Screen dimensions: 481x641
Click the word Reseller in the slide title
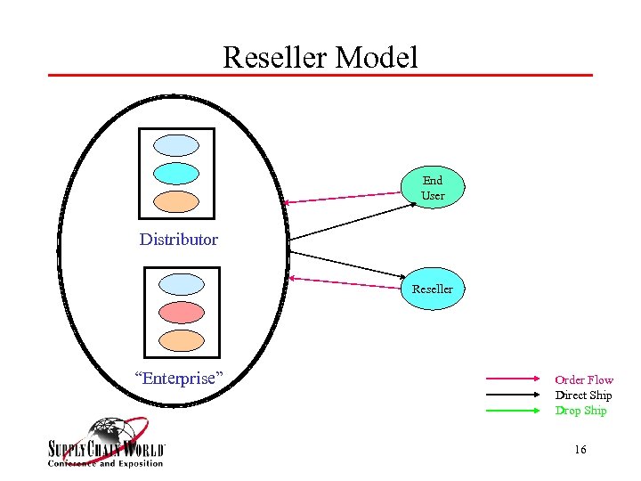pyautogui.click(x=275, y=58)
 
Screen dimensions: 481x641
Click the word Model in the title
pyautogui.click(x=375, y=58)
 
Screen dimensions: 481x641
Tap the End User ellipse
pyautogui.click(x=433, y=188)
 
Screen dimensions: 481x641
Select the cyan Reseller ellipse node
pyautogui.click(x=432, y=289)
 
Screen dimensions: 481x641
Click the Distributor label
pyautogui.click(x=178, y=239)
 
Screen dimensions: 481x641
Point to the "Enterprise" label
pyautogui.click(x=178, y=378)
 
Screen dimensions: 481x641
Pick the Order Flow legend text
pyautogui.click(x=584, y=380)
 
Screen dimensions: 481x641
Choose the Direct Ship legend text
pyautogui.click(x=583, y=395)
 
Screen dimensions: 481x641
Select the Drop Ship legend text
pyautogui.click(x=580, y=411)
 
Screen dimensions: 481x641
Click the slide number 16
pyautogui.click(x=580, y=450)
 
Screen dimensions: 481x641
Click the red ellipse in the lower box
pyautogui.click(x=181, y=313)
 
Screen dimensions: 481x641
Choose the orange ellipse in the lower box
pyautogui.click(x=181, y=340)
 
